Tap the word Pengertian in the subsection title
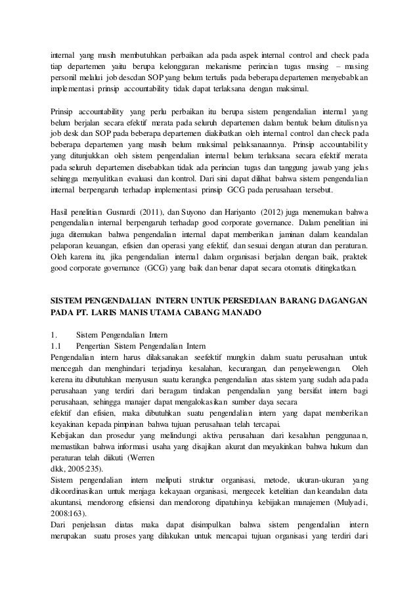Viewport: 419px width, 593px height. point(95,344)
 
